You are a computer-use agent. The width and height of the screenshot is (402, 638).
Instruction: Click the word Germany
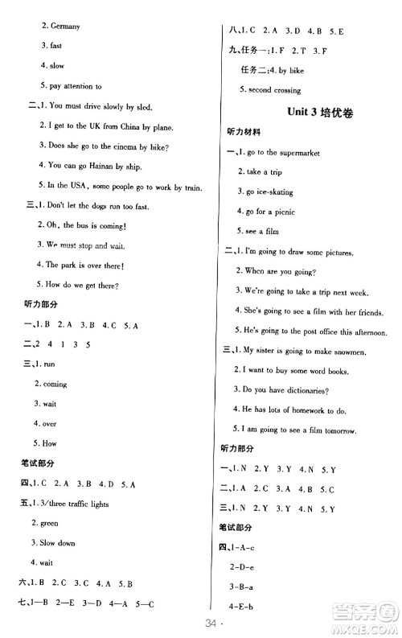pyautogui.click(x=66, y=27)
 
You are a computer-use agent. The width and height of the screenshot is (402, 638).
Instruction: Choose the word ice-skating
pyautogui.click(x=275, y=191)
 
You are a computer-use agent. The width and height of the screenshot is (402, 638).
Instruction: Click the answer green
pyautogui.click(x=53, y=523)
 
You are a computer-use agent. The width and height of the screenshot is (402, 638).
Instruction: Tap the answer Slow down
pyautogui.click(x=62, y=543)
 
